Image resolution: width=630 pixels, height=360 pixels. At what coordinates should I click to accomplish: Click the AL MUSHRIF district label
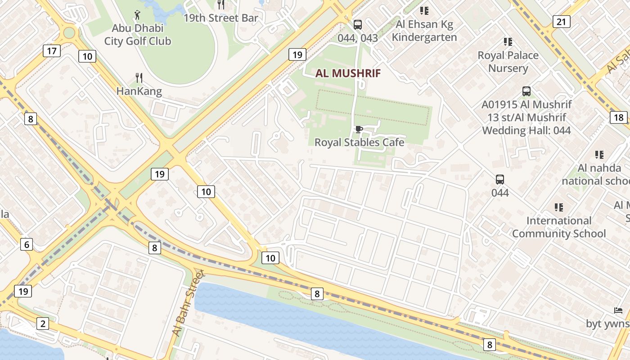coord(348,73)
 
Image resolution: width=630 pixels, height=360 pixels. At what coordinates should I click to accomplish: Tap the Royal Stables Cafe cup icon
coord(359,130)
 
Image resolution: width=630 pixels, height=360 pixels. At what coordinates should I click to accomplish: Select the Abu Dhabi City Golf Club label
coord(138,35)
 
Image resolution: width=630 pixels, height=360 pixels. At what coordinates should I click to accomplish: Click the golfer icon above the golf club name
coord(138,14)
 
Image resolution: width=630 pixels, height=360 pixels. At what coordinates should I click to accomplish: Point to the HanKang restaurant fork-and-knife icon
coord(139,78)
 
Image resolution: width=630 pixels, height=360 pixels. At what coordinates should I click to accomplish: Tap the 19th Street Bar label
coord(221,18)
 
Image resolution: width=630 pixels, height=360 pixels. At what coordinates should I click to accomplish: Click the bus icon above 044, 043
coord(358,25)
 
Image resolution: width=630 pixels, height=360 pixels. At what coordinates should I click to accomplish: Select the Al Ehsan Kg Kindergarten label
coord(424,31)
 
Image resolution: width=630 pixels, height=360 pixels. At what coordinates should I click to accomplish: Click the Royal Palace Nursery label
coord(508,62)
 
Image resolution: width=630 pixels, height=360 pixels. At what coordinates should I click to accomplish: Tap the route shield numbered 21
coord(562,21)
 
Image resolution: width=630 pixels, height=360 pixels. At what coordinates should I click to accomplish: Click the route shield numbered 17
coord(52,51)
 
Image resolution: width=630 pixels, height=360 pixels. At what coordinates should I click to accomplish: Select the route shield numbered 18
coord(619,117)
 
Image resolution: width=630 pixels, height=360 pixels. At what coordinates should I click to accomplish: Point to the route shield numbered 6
coord(27,244)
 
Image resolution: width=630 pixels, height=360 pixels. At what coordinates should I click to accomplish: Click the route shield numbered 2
coord(43,324)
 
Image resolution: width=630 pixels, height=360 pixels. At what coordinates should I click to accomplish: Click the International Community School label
coord(559,227)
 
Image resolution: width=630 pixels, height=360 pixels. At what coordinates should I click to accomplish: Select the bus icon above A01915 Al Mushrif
coord(526,91)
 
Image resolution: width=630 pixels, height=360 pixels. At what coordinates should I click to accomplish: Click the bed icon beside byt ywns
coord(618,310)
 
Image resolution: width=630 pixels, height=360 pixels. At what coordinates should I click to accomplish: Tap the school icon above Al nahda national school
coord(599,155)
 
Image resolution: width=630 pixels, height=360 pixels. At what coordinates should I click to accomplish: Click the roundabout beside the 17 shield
coord(69,33)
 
